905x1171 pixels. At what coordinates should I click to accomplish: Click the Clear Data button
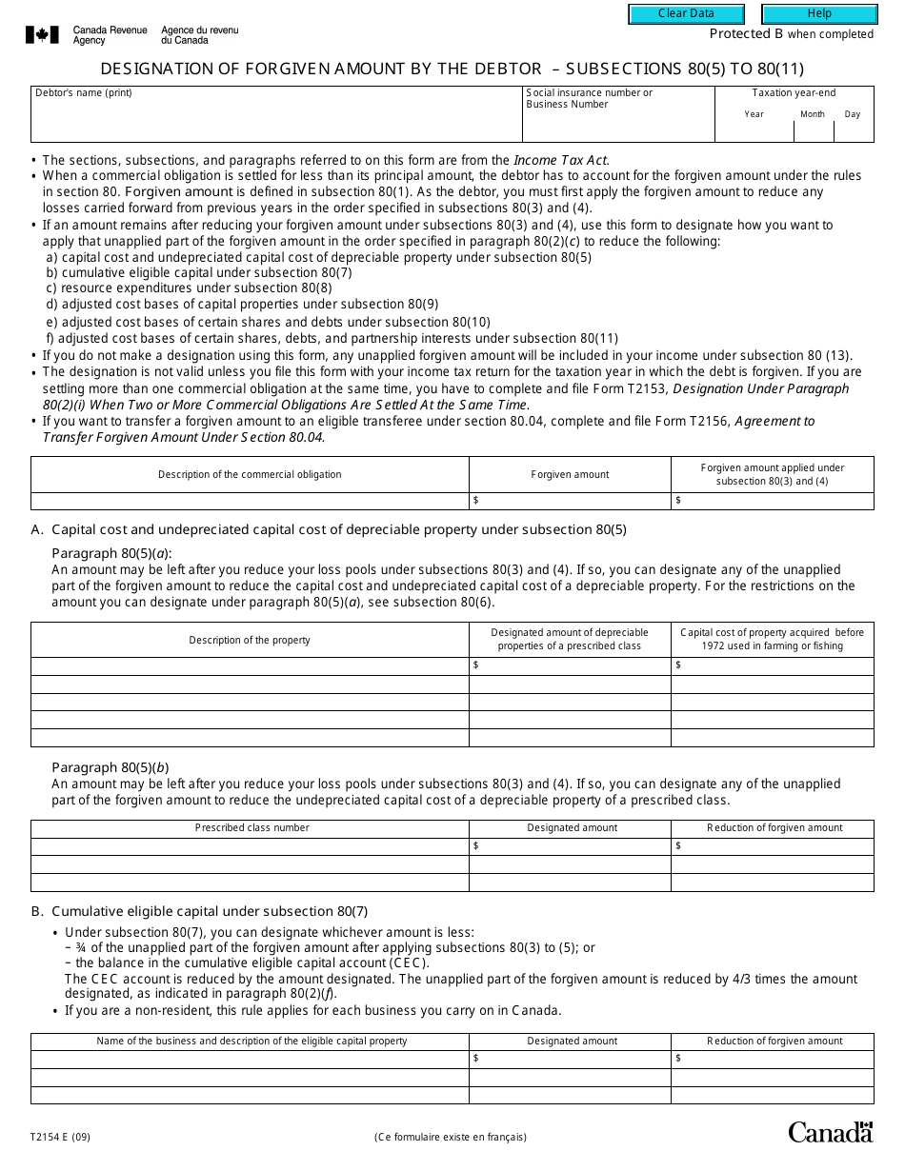point(686,14)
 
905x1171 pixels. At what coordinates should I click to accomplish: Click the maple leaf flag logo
point(42,35)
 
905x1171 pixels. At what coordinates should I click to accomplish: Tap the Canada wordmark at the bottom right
point(830,1132)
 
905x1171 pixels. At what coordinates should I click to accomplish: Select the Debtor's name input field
point(276,121)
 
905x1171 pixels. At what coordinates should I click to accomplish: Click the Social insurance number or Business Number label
point(590,98)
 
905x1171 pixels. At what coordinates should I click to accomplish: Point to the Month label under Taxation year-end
point(813,114)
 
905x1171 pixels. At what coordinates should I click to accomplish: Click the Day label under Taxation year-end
point(853,114)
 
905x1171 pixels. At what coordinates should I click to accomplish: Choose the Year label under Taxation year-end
point(754,114)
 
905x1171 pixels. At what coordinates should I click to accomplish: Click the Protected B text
point(739,34)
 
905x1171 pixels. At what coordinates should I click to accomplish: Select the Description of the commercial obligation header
point(250,474)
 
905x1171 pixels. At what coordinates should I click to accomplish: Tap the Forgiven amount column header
point(570,474)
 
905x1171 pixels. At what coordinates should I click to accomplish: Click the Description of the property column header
point(250,640)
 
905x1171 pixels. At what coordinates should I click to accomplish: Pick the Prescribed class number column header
point(252,828)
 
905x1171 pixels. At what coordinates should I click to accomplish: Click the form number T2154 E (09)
point(61,1136)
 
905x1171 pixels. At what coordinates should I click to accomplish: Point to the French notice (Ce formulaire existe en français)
point(451,1137)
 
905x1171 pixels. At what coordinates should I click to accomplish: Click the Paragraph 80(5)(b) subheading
point(111,767)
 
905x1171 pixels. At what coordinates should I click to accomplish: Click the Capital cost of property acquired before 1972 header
point(773,639)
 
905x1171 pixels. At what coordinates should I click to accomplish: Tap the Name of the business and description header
point(251,1042)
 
